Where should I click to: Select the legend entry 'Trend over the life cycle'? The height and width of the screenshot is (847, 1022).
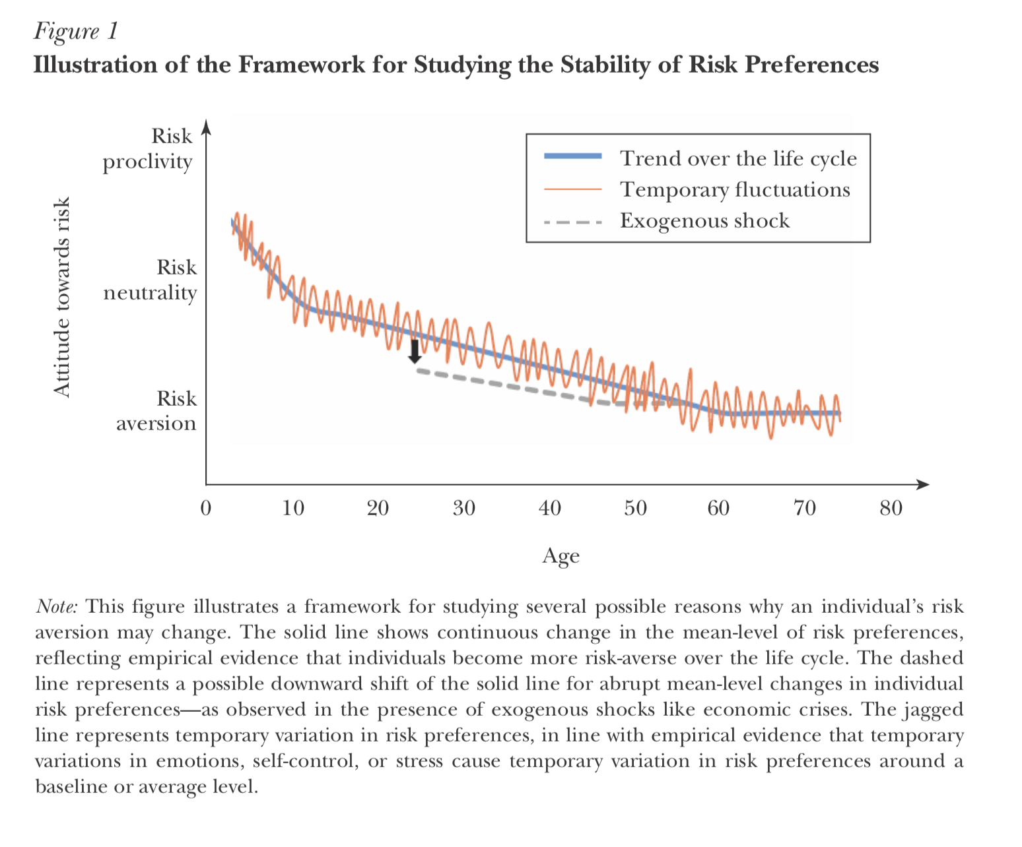point(738,158)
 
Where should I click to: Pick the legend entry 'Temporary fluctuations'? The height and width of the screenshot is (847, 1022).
point(735,189)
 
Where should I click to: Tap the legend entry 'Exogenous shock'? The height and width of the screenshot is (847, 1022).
point(704,220)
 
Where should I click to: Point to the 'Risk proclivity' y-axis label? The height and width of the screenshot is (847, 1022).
point(148,148)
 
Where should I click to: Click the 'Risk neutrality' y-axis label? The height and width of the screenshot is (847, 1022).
point(151,280)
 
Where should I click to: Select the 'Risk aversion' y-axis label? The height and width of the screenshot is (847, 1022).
point(156,410)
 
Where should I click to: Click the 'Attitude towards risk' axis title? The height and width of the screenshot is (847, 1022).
point(61,298)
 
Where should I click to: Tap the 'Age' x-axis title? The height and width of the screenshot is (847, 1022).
point(561,555)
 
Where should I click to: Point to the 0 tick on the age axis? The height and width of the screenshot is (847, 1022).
point(206,508)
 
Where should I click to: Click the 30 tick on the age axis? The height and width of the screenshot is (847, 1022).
point(464,508)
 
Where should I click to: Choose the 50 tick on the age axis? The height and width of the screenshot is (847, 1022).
point(635,508)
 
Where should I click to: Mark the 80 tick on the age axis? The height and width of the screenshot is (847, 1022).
point(891,508)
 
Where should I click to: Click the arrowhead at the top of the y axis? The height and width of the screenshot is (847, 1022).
point(207,126)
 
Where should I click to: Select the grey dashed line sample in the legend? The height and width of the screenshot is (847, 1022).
point(572,222)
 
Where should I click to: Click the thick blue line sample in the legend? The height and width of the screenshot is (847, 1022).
point(572,156)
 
